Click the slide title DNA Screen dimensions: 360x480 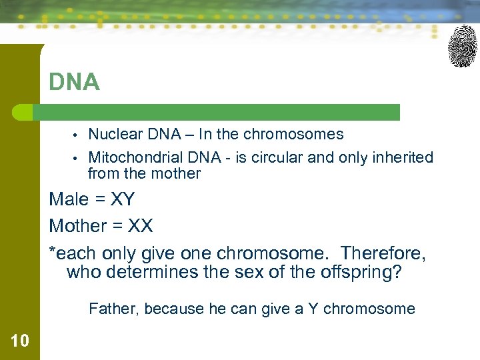point(74,83)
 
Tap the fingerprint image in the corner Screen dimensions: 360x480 point(462,46)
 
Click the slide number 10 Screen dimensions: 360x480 point(20,341)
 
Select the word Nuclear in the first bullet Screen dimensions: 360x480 point(115,134)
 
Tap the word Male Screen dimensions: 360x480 point(69,199)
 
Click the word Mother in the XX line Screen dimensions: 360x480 point(77,226)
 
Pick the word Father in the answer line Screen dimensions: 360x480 point(113,309)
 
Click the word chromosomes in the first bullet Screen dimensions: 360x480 point(293,134)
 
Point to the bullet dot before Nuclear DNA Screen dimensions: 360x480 point(77,135)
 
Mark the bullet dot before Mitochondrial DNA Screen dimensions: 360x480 point(77,159)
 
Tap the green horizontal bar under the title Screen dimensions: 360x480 point(220,112)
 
